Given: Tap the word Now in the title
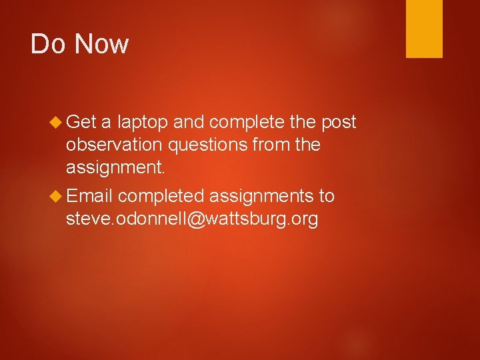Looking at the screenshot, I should coord(101,44).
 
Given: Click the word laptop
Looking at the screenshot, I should coord(143,123).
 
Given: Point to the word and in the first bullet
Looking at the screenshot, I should coord(191,122).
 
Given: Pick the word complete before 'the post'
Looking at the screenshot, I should coord(248,123).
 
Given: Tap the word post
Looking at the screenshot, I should coord(339,123).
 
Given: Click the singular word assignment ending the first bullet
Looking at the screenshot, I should coord(116,167).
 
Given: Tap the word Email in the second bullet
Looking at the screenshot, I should coord(90,195).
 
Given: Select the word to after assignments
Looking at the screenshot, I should coord(327,196).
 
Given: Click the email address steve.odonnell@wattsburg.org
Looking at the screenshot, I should coord(192,219).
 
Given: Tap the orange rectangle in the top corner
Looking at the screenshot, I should coord(424,29).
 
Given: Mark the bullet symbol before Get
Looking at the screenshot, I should coord(56,122).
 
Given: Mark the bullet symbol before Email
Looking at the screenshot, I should coord(56,196).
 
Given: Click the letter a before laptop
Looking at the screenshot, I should coord(106,123).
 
